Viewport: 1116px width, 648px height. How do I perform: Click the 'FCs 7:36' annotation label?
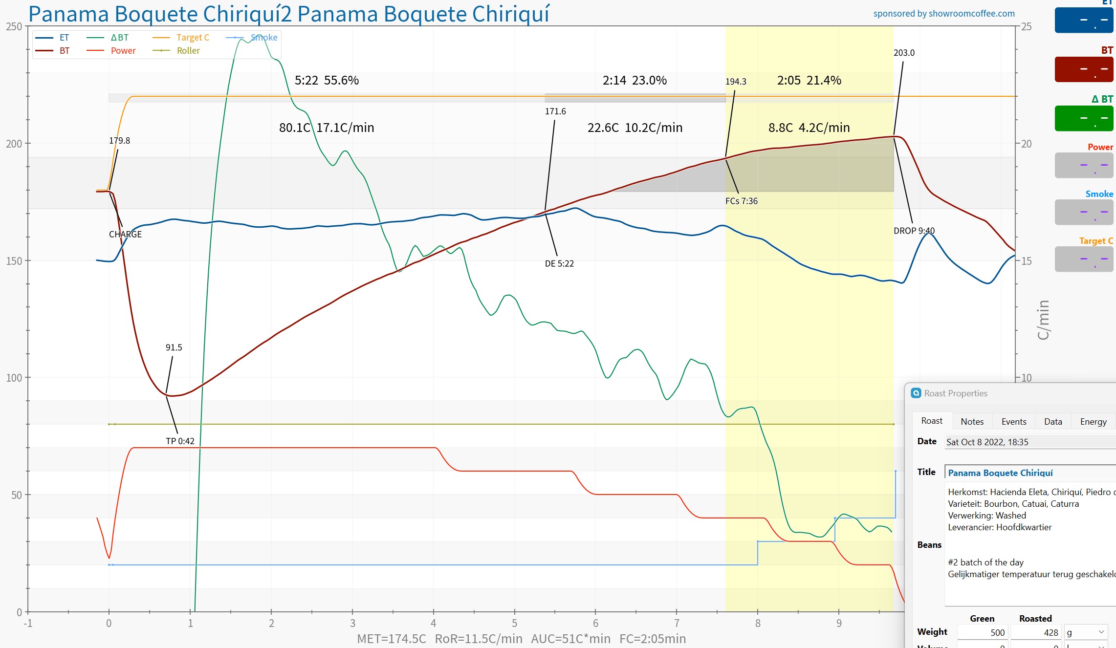[x=741, y=201]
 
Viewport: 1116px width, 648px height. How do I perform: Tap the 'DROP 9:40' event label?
[x=914, y=231]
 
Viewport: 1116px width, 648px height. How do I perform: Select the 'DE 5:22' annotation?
[x=559, y=263]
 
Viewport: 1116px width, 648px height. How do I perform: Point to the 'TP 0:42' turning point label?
[x=180, y=441]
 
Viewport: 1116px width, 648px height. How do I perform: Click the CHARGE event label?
[x=125, y=234]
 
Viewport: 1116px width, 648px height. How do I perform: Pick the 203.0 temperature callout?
[x=904, y=53]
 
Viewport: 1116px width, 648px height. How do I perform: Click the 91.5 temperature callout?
[x=174, y=347]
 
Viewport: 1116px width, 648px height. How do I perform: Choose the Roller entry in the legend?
[x=188, y=51]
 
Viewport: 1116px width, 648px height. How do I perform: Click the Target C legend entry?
[x=192, y=38]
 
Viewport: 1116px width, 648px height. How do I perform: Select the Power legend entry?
[x=123, y=51]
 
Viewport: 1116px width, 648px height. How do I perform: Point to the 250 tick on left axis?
[x=14, y=26]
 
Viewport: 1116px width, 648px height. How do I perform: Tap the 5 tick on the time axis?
[x=514, y=623]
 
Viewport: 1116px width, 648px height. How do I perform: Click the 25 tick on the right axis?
[x=1026, y=26]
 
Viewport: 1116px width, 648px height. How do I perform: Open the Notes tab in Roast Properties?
[x=972, y=421]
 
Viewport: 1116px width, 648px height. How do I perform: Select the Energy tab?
[x=1093, y=421]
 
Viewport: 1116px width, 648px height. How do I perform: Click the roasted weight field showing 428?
[x=1035, y=632]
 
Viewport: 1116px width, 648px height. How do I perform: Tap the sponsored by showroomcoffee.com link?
[x=944, y=14]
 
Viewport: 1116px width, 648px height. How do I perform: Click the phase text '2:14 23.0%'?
[x=635, y=80]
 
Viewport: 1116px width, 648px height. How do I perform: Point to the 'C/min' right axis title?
[x=1043, y=320]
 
